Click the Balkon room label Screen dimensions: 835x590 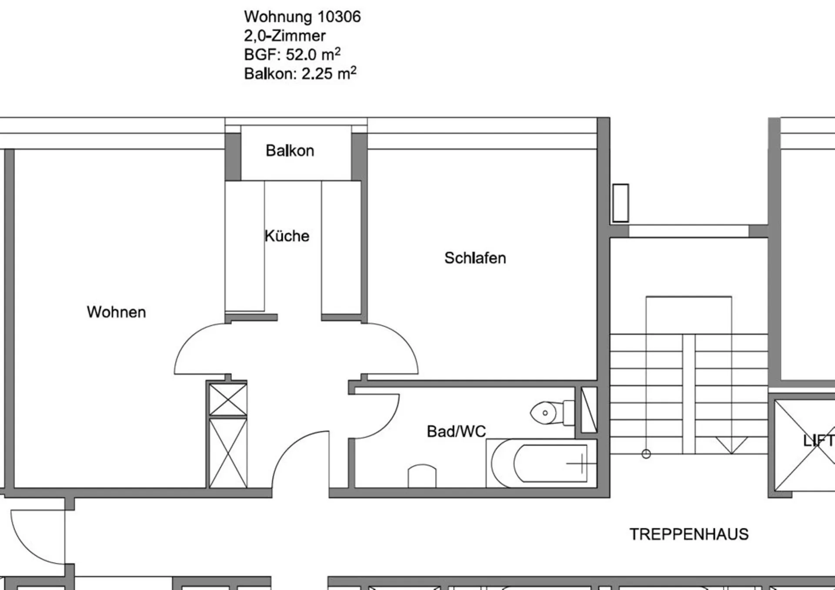(290, 150)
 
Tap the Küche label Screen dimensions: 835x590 (287, 236)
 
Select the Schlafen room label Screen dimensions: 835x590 (475, 258)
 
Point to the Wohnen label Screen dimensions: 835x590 (116, 312)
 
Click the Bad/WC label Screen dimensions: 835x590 (456, 431)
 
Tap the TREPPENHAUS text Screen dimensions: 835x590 (689, 534)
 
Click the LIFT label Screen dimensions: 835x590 (818, 440)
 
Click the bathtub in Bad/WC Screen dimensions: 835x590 (541, 463)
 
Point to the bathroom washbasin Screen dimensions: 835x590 (422, 476)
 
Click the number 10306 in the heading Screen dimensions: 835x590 (339, 17)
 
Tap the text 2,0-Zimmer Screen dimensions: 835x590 (285, 36)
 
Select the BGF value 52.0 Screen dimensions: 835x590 (301, 55)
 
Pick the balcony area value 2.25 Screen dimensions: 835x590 (317, 74)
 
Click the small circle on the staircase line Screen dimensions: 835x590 (646, 454)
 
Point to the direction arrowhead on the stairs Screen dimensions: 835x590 (731, 446)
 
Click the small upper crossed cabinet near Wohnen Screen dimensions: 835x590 (228, 399)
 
